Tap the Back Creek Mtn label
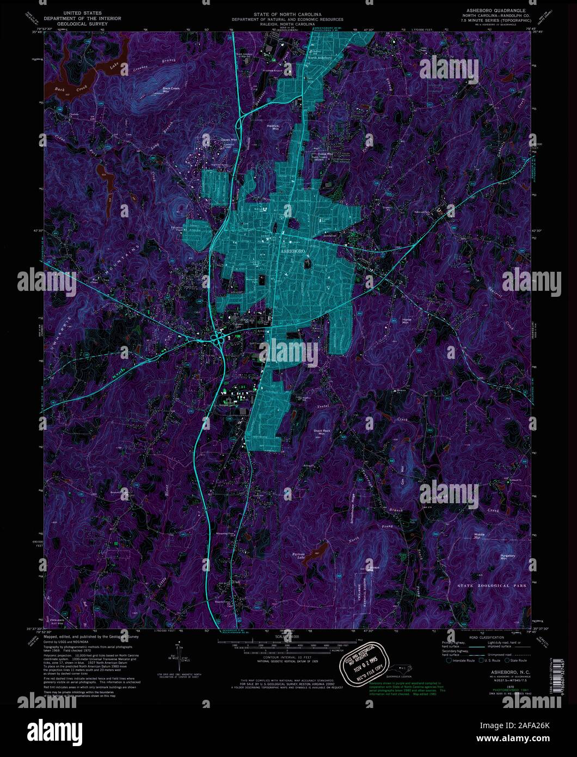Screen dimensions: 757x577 (171, 89)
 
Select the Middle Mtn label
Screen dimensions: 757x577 (480, 536)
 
